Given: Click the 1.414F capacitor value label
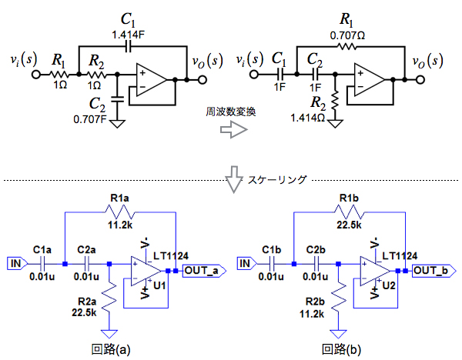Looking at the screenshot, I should [129, 35].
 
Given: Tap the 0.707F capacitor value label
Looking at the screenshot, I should [96, 118].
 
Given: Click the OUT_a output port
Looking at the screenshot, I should [203, 270].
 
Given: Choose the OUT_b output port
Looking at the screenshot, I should [433, 270].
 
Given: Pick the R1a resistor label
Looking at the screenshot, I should [122, 199].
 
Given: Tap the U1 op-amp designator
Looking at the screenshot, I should [160, 285].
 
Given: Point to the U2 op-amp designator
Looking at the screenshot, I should [390, 285].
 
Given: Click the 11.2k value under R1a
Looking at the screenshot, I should [122, 225].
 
